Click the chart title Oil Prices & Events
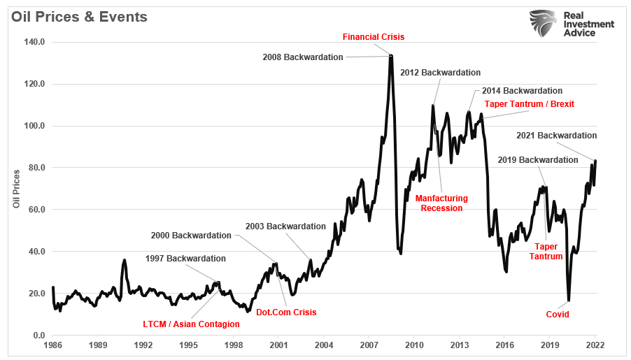pyautogui.click(x=78, y=17)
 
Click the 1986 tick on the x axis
pyautogui.click(x=53, y=345)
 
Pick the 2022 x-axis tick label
pyautogui.click(x=595, y=345)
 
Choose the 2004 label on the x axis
pyautogui.click(x=324, y=345)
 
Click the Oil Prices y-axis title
pyautogui.click(x=16, y=189)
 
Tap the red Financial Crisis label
pyautogui.click(x=373, y=37)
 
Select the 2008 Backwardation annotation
pyautogui.click(x=303, y=57)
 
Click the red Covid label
pyautogui.click(x=558, y=315)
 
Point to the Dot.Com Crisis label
pyautogui.click(x=285, y=312)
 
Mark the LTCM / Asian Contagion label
pyautogui.click(x=191, y=324)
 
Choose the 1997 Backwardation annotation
pyautogui.click(x=185, y=259)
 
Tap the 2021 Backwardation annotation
pyautogui.click(x=556, y=136)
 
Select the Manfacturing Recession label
pyautogui.click(x=441, y=203)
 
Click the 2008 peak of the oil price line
pyautogui.click(x=391, y=55)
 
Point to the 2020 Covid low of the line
pyautogui.click(x=568, y=301)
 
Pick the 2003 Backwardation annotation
pyautogui.click(x=285, y=226)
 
